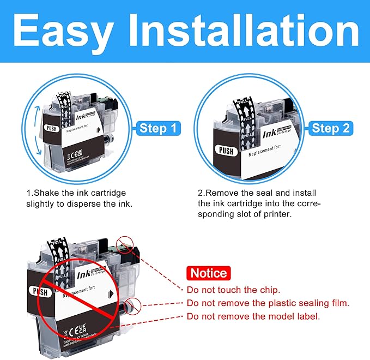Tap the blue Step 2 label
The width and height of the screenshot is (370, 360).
pos(331,129)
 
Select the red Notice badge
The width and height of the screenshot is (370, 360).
pos(207,273)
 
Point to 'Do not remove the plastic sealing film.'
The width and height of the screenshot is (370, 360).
pos(268,303)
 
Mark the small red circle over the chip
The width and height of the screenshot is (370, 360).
pos(124,243)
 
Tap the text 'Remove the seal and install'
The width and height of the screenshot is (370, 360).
pos(256,193)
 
